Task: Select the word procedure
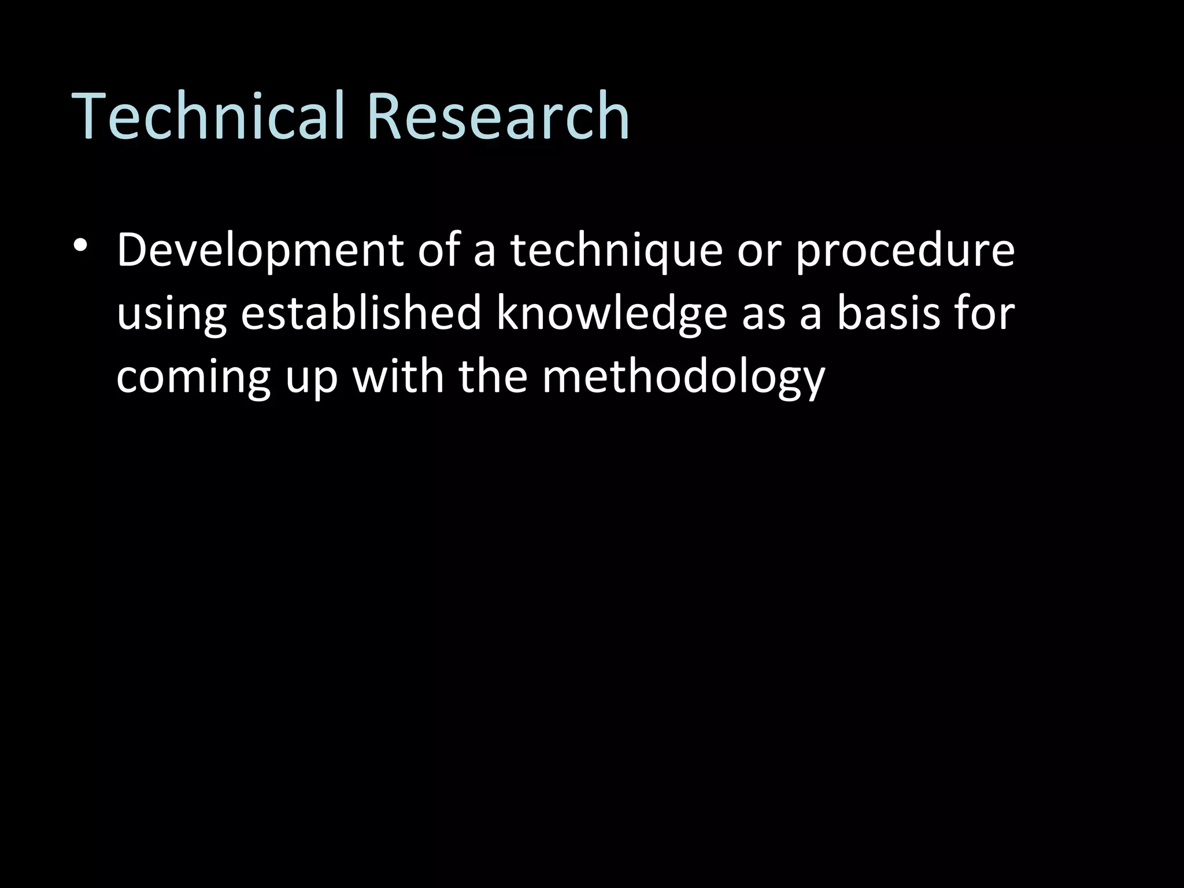[x=905, y=253]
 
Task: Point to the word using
[x=171, y=315]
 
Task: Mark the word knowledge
[x=612, y=315]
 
